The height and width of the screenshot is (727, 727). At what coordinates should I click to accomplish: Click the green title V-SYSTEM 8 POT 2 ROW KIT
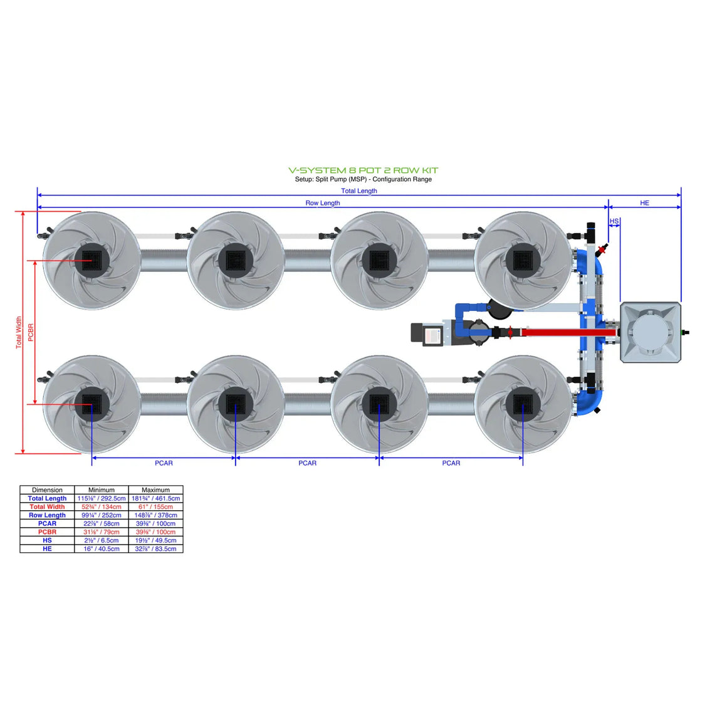click(x=363, y=170)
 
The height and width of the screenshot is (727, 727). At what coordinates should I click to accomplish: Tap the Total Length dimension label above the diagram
click(x=359, y=191)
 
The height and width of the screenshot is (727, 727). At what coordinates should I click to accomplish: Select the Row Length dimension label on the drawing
click(x=322, y=203)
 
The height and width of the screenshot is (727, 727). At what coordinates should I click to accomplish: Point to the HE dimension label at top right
click(x=644, y=203)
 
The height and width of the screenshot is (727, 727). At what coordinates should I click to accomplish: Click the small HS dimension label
click(x=614, y=221)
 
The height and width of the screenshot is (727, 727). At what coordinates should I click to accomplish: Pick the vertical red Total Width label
click(x=19, y=332)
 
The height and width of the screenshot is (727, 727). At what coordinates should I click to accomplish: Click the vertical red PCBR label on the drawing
click(x=31, y=332)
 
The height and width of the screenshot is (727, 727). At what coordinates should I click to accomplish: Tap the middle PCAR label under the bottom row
click(x=307, y=463)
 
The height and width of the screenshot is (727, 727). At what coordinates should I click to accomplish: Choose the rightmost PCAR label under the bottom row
click(x=451, y=463)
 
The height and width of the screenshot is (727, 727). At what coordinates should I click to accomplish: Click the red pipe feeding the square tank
click(x=564, y=332)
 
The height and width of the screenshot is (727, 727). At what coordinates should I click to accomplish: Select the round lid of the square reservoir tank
click(x=650, y=332)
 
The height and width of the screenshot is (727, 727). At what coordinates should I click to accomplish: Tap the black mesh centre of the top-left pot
click(x=92, y=260)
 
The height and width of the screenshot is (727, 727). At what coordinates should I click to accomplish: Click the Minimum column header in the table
click(x=102, y=490)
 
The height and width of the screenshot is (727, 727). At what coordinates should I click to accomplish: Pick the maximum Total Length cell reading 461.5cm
click(x=155, y=498)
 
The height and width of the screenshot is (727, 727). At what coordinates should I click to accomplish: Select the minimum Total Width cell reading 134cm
click(x=102, y=507)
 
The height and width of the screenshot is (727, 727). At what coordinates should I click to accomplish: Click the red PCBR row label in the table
click(x=47, y=532)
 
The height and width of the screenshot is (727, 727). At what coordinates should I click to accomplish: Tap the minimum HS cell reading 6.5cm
click(x=102, y=540)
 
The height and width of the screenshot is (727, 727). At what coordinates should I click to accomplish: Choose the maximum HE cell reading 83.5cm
click(x=155, y=549)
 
